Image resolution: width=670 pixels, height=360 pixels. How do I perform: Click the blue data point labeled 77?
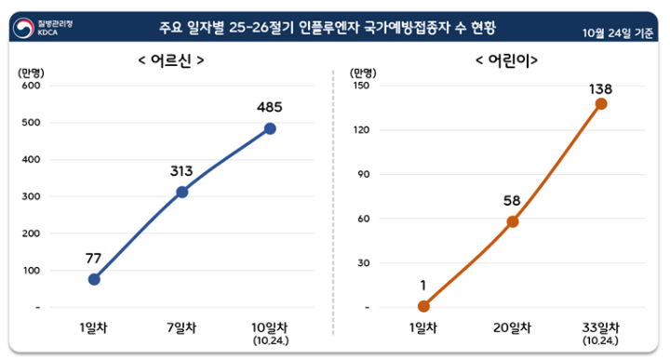coord(94,279)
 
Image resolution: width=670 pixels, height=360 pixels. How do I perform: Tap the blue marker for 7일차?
coord(182,192)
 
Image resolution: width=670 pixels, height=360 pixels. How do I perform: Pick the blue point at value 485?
coord(270,128)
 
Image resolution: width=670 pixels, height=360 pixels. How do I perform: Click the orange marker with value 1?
coord(424,306)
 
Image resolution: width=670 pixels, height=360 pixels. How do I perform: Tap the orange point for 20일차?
coord(513,221)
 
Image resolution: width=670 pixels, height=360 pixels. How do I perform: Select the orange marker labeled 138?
coord(601,103)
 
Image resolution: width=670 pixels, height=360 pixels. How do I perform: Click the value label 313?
coord(181,171)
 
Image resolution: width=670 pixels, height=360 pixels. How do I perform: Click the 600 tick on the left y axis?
coord(33,86)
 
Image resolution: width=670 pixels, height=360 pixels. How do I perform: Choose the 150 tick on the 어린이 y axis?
coord(360,86)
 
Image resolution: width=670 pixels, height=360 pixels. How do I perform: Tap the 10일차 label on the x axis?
coord(270,327)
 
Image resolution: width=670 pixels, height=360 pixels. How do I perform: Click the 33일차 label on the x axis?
coord(601,327)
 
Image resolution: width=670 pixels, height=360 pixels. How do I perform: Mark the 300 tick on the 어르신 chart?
coord(33,196)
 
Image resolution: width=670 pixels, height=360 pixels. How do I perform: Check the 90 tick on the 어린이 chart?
coord(363,174)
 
